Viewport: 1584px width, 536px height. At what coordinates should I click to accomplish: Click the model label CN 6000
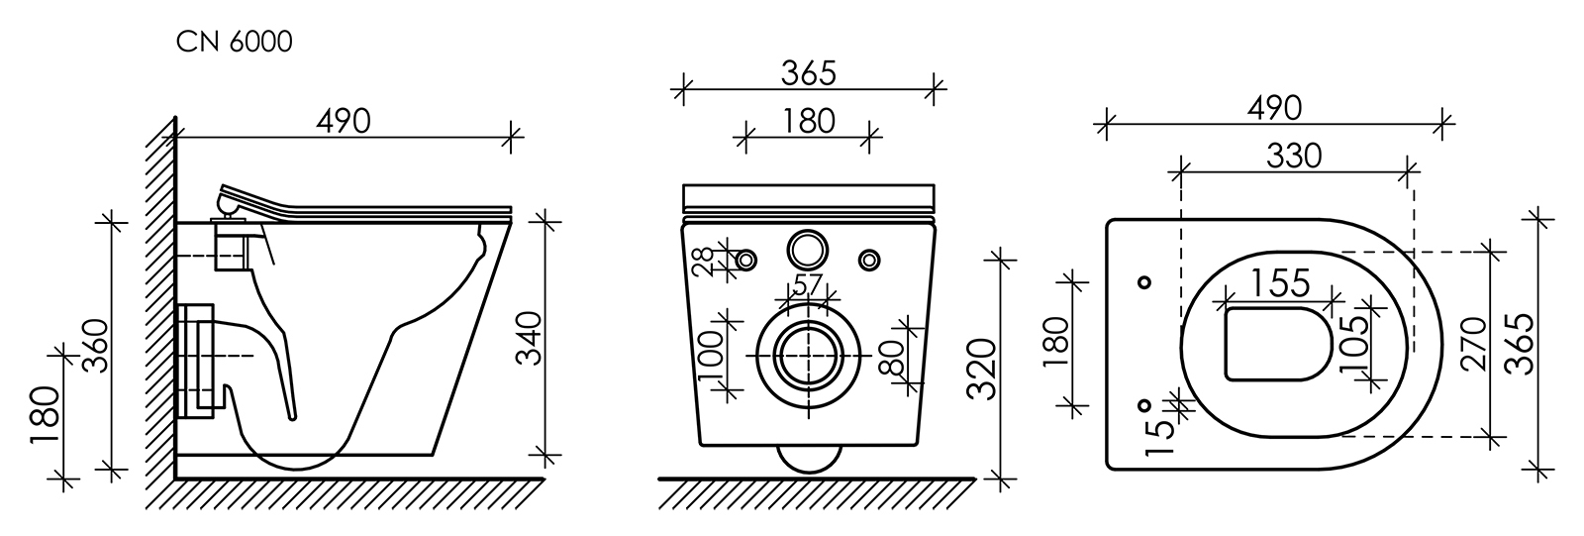tap(234, 42)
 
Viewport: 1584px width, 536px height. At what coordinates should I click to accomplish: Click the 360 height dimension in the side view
tap(95, 347)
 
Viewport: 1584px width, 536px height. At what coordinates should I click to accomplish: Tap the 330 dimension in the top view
tap(1293, 156)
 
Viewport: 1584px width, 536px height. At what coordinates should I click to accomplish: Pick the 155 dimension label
tap(1281, 282)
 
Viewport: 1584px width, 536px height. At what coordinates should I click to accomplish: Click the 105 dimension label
tap(1351, 345)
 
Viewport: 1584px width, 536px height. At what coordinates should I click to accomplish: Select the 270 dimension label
tap(1475, 345)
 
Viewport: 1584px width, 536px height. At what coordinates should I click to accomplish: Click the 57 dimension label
tap(808, 284)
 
